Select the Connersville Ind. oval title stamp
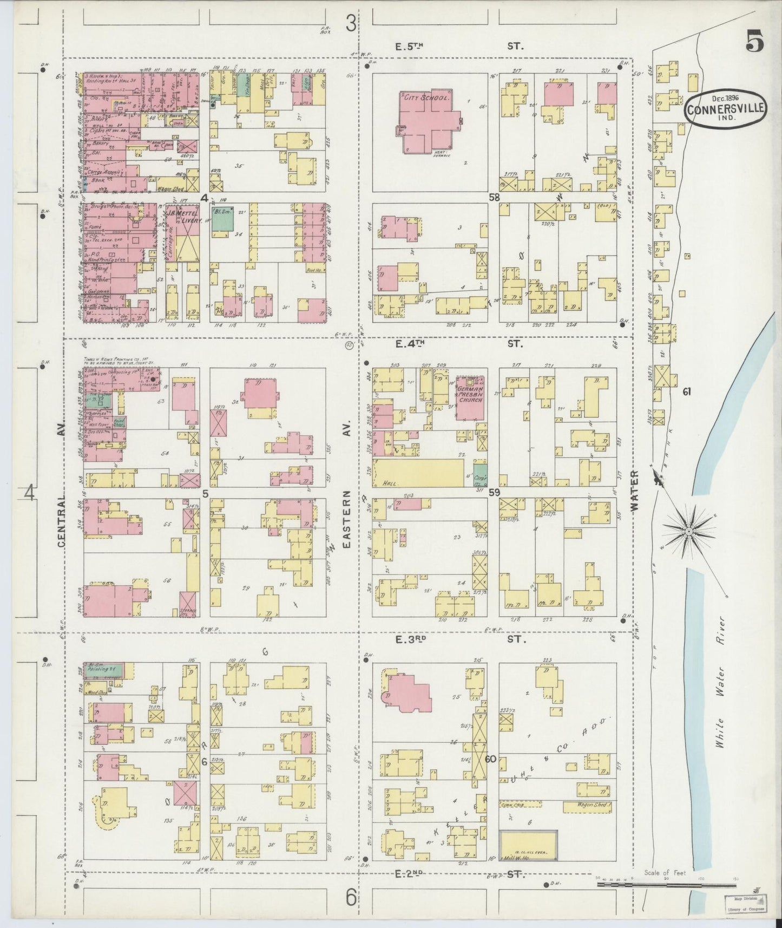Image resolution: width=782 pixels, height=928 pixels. [726, 110]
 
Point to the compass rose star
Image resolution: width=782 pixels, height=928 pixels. [688, 532]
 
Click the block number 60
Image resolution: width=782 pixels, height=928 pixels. [491, 759]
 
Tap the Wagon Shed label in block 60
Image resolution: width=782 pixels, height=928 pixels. [592, 805]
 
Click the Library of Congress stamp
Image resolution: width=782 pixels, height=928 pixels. [744, 904]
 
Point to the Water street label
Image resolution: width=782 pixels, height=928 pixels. [635, 491]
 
